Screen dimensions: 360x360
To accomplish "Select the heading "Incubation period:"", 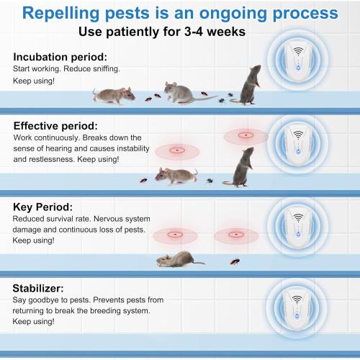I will click(59, 55).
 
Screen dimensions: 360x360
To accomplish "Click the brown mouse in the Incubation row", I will click(114, 94).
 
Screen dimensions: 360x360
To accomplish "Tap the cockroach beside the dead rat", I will click(234, 261).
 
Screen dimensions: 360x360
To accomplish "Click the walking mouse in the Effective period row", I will click(174, 175).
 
